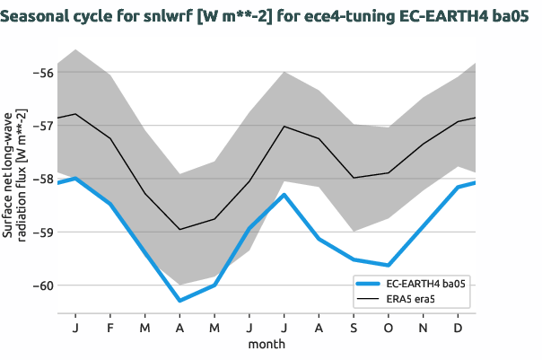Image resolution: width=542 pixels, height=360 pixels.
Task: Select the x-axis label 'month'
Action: (x=267, y=344)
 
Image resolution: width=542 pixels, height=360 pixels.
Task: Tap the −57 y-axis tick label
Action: (x=39, y=125)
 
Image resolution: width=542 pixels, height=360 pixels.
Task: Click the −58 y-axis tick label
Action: (x=39, y=179)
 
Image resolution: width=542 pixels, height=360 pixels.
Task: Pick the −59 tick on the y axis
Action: (x=39, y=233)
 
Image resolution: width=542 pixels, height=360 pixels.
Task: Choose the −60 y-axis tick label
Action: (x=39, y=286)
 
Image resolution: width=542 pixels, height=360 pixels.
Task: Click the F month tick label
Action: (x=110, y=328)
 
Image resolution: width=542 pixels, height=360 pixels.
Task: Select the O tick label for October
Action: (x=388, y=328)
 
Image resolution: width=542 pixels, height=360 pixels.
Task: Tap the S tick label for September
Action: (x=354, y=328)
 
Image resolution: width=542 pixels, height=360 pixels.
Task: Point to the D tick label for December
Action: (x=458, y=328)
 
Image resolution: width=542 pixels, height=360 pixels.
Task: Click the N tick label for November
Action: (x=424, y=328)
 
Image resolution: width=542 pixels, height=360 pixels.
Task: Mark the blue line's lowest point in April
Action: (x=179, y=301)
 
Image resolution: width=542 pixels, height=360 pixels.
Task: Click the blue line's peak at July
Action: (x=284, y=195)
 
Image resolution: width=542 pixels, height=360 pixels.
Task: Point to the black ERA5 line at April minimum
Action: (x=179, y=230)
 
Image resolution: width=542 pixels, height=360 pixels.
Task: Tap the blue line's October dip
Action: (x=388, y=265)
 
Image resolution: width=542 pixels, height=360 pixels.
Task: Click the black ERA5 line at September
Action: (x=354, y=178)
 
